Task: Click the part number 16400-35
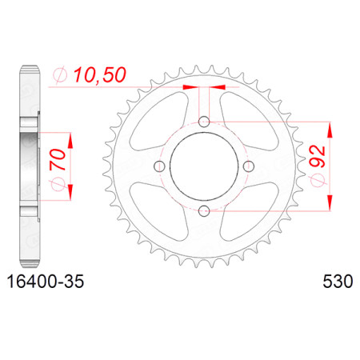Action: [x=46, y=282]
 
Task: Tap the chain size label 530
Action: [x=338, y=282]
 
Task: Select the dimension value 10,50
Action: [x=100, y=75]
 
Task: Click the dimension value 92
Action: [x=318, y=157]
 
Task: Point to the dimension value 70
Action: [x=58, y=160]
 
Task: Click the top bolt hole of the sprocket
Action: [x=204, y=122]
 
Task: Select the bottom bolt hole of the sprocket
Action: [x=204, y=211]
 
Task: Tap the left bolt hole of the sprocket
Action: [x=159, y=166]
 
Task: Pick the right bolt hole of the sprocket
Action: [x=249, y=166]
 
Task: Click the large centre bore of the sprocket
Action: [x=204, y=166]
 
